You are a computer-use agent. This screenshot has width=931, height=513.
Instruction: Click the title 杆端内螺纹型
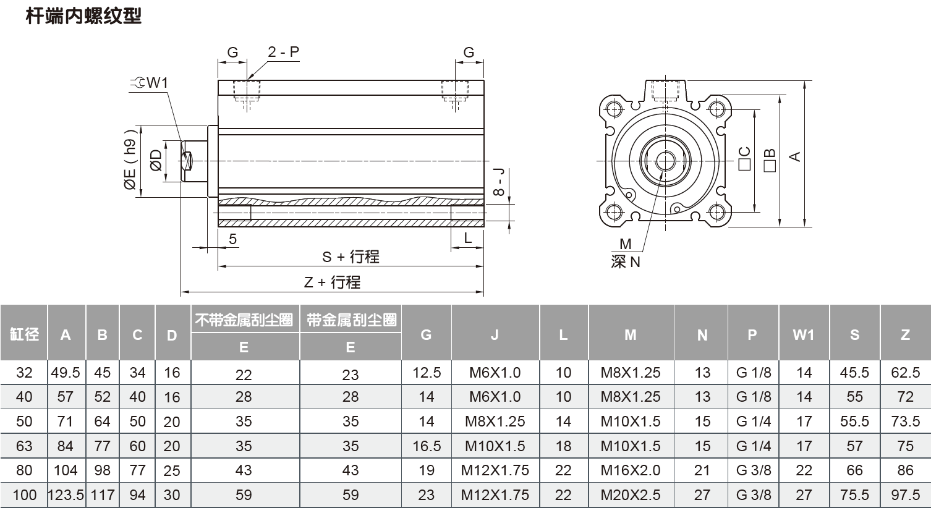tap(83, 15)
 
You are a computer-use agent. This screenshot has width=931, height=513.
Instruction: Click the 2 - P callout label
tap(283, 53)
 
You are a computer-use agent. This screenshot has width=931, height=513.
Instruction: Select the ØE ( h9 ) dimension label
tap(130, 160)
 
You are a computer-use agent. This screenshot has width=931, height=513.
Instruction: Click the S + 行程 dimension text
tap(351, 256)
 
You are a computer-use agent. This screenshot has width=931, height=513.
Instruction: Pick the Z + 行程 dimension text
tap(332, 282)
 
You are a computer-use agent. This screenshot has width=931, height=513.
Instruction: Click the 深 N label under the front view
tap(626, 262)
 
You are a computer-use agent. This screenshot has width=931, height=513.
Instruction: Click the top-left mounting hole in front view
tap(613, 110)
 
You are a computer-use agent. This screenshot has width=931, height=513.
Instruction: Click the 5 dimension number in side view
tap(232, 239)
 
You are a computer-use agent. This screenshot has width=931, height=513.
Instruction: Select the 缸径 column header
tap(24, 334)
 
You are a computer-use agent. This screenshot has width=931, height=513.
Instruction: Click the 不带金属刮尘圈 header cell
tap(244, 320)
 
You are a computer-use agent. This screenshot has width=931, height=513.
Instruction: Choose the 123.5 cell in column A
tap(66, 495)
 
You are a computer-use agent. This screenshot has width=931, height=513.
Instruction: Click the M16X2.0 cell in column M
tap(630, 470)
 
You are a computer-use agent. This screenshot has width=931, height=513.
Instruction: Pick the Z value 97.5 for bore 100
tap(905, 495)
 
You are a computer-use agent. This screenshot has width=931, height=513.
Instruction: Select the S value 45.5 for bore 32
tap(854, 373)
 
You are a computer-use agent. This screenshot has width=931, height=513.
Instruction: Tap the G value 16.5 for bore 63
tap(426, 446)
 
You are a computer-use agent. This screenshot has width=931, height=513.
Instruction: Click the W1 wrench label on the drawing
tap(151, 83)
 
